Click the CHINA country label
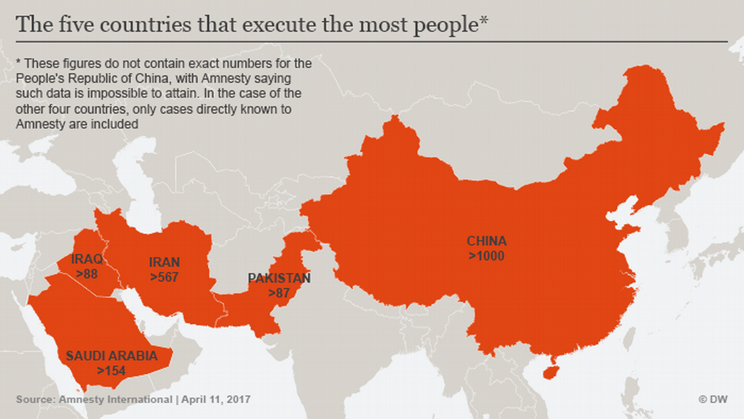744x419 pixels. [x=486, y=241]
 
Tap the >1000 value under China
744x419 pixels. [x=486, y=256]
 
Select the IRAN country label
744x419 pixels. [x=165, y=262]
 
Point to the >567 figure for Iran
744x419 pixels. [x=165, y=276]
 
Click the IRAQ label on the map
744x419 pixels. [x=87, y=259]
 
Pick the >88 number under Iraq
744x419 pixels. [x=87, y=273]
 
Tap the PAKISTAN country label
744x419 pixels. [x=279, y=278]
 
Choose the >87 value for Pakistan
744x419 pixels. [x=279, y=293]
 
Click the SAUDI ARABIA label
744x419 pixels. [x=111, y=356]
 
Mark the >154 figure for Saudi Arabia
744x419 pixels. [x=111, y=371]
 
